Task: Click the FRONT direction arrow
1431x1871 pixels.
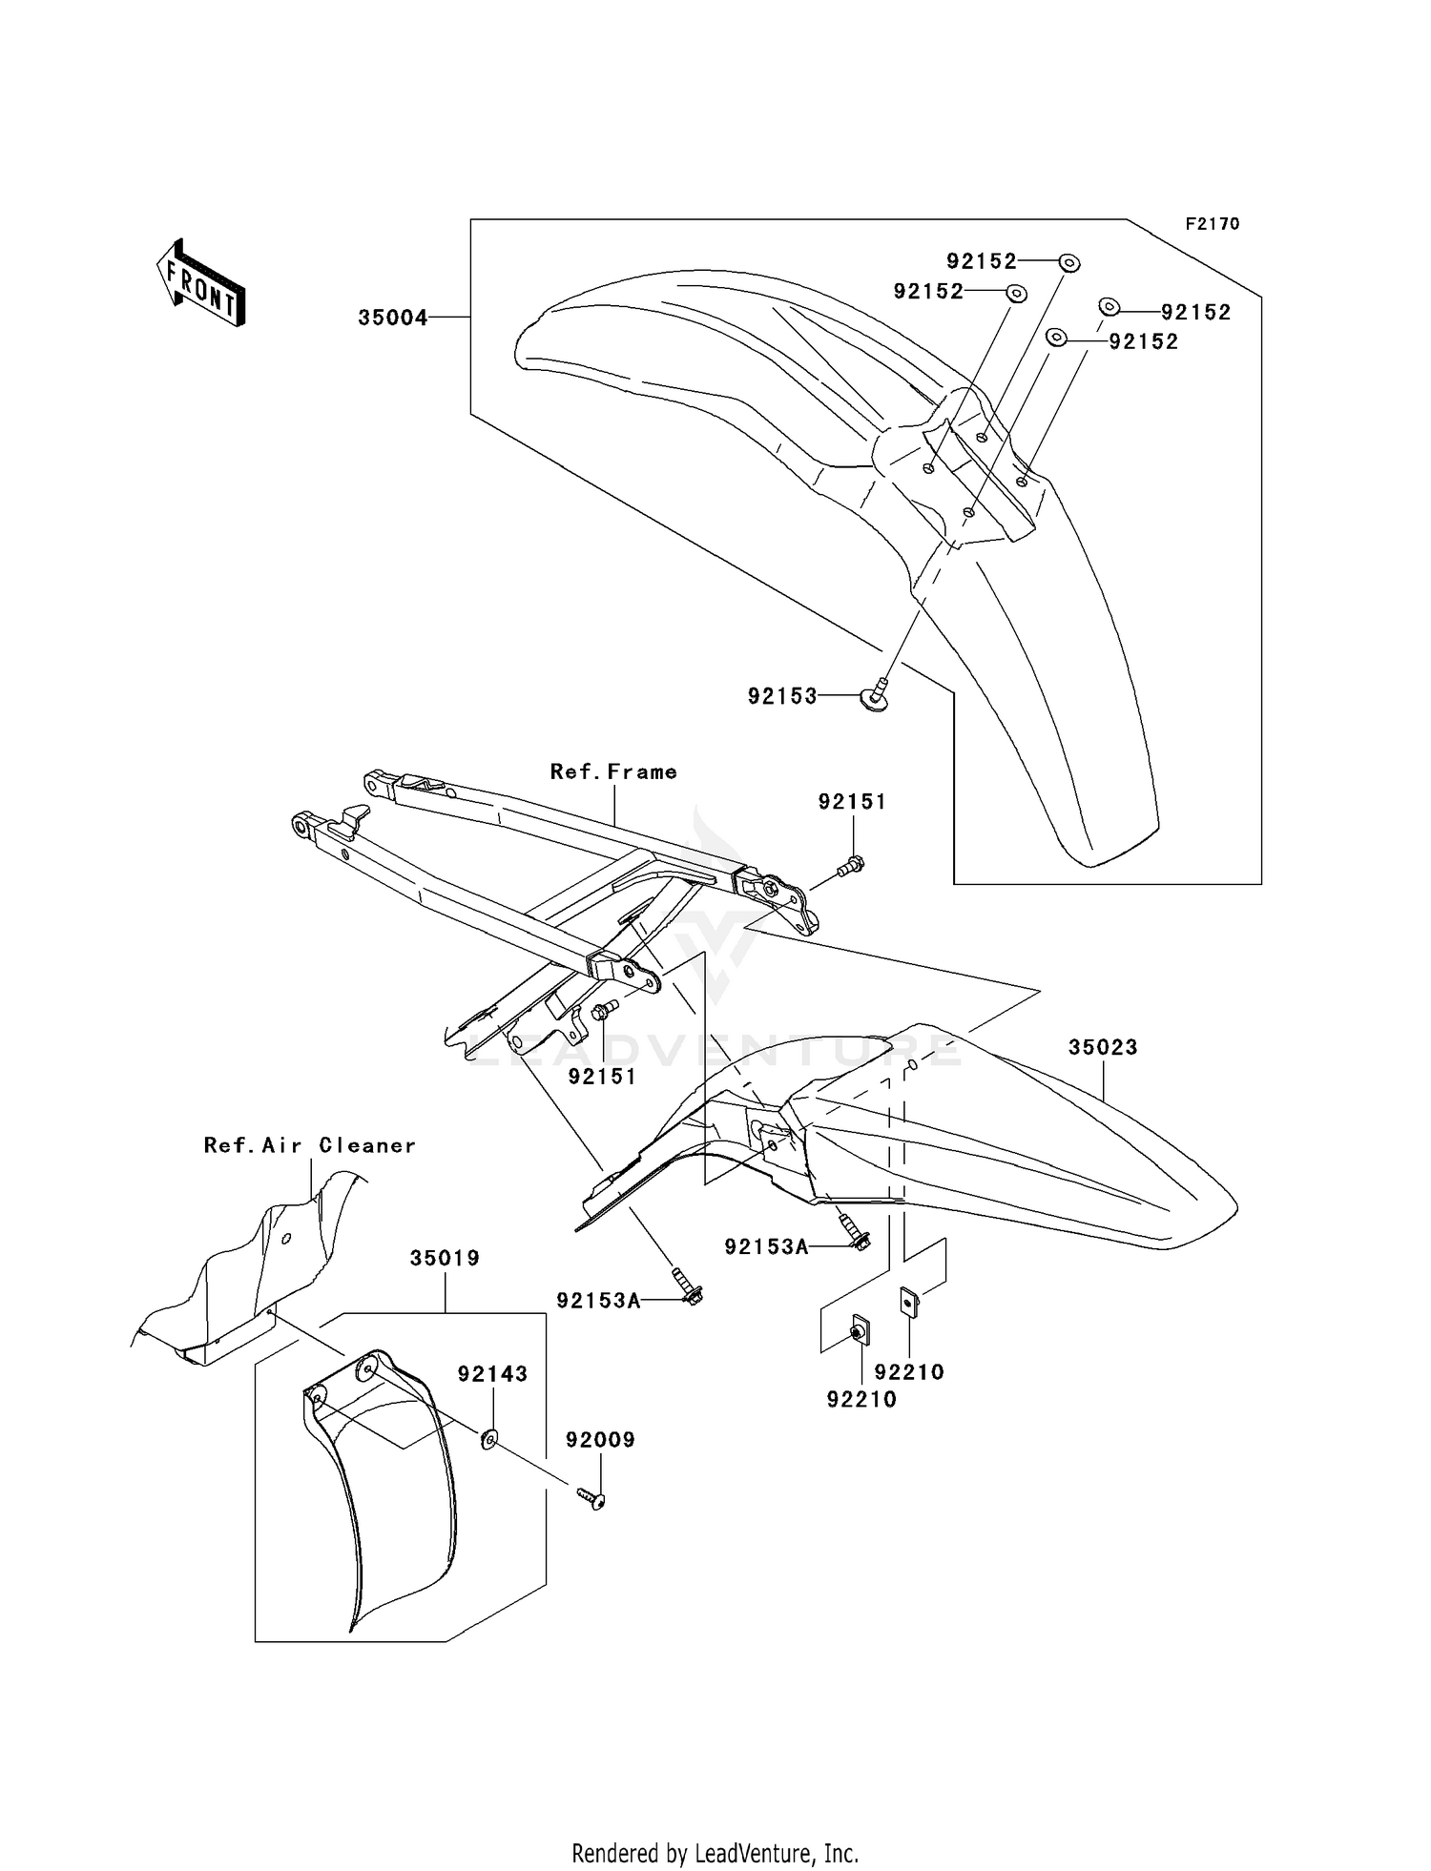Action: (x=201, y=284)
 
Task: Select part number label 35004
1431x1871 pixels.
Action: (x=392, y=318)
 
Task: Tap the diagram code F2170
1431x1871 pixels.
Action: (x=1212, y=224)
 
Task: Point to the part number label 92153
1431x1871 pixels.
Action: (x=782, y=697)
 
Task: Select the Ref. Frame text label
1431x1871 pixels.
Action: (x=613, y=771)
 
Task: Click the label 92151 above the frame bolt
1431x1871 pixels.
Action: (x=852, y=802)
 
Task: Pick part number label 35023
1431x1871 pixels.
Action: (x=1103, y=1047)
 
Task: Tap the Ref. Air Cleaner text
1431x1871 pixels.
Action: (x=310, y=1145)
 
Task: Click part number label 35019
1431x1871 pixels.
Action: (x=445, y=1258)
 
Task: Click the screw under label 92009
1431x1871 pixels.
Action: (x=593, y=1501)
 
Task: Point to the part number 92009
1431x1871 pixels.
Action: (x=600, y=1439)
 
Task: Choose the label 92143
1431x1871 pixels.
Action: (x=492, y=1373)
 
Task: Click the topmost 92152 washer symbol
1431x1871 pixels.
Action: (x=1069, y=262)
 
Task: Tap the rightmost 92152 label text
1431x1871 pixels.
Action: (x=1195, y=312)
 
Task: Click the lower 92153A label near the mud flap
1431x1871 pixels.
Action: (x=599, y=1299)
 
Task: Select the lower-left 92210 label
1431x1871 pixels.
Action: (x=861, y=1399)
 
